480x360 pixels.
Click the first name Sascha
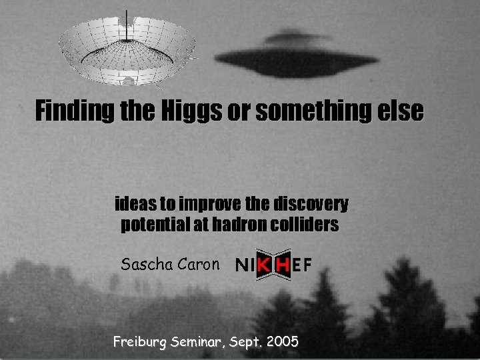coord(144,264)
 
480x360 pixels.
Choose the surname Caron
coord(197,264)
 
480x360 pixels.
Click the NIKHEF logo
coord(273,265)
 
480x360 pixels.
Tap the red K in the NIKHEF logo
coord(265,265)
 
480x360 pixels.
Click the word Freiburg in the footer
coord(140,343)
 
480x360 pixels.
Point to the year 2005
coord(282,343)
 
